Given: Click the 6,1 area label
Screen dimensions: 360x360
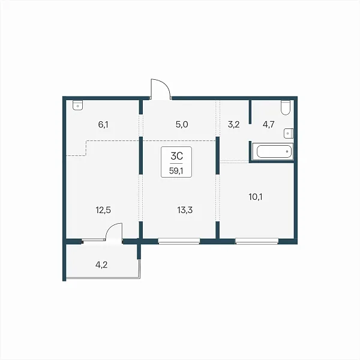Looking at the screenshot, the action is point(103,125).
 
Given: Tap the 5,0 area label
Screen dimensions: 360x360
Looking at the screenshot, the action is point(182,124).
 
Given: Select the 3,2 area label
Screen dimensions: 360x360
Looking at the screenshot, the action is point(234,125).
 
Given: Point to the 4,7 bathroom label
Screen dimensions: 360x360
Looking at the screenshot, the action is point(268,125).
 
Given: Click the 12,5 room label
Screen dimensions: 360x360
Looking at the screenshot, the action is point(103,210).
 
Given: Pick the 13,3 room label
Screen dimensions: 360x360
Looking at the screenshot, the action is point(185,210).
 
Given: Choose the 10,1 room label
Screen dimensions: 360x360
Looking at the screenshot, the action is point(256,197).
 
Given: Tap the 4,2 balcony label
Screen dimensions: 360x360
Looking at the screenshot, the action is point(101,265).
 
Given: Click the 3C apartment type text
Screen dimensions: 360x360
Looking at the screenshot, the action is point(176,156).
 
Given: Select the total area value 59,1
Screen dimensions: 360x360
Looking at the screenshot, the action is point(176,171).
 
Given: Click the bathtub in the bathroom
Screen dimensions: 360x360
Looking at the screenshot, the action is point(273,151).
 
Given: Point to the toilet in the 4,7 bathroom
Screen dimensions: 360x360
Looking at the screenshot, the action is point(286,107).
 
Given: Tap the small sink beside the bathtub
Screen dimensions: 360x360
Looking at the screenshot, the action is point(289,133).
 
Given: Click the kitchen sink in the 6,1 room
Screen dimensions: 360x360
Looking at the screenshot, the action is point(78,106).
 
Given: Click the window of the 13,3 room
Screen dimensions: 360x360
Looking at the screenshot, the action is point(179,241).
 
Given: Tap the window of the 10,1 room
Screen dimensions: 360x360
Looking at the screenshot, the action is point(257,241).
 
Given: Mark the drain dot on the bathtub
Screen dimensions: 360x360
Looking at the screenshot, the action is point(287,151).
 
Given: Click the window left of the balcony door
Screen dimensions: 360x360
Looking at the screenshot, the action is point(93,240).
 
